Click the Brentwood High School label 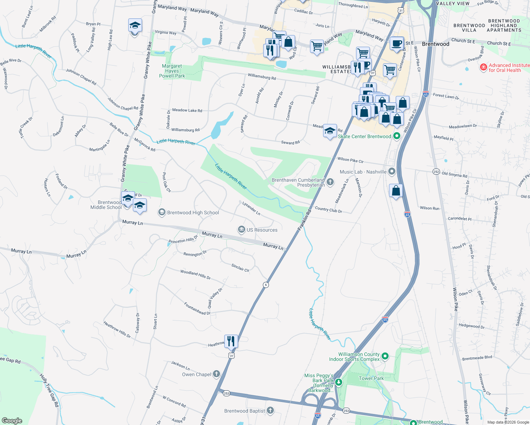[x=193, y=212]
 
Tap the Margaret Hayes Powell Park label [x=172, y=71]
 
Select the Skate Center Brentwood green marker [x=397, y=136]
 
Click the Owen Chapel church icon [x=216, y=374]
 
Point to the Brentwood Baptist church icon [x=270, y=410]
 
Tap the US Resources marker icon [x=242, y=229]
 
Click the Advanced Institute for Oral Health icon [x=483, y=67]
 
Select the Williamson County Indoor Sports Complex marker [x=385, y=356]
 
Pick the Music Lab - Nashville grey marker [x=391, y=172]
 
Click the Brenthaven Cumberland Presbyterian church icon [x=330, y=182]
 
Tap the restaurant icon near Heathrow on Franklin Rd [x=231, y=341]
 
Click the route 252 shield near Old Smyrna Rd [x=436, y=172]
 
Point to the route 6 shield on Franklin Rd [x=266, y=285]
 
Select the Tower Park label [x=371, y=378]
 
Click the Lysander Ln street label [x=251, y=208]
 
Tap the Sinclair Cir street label [x=240, y=268]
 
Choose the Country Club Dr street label [x=328, y=210]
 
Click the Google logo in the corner [x=12, y=420]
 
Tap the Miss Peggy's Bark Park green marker [x=339, y=382]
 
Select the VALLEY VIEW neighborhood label [x=453, y=4]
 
